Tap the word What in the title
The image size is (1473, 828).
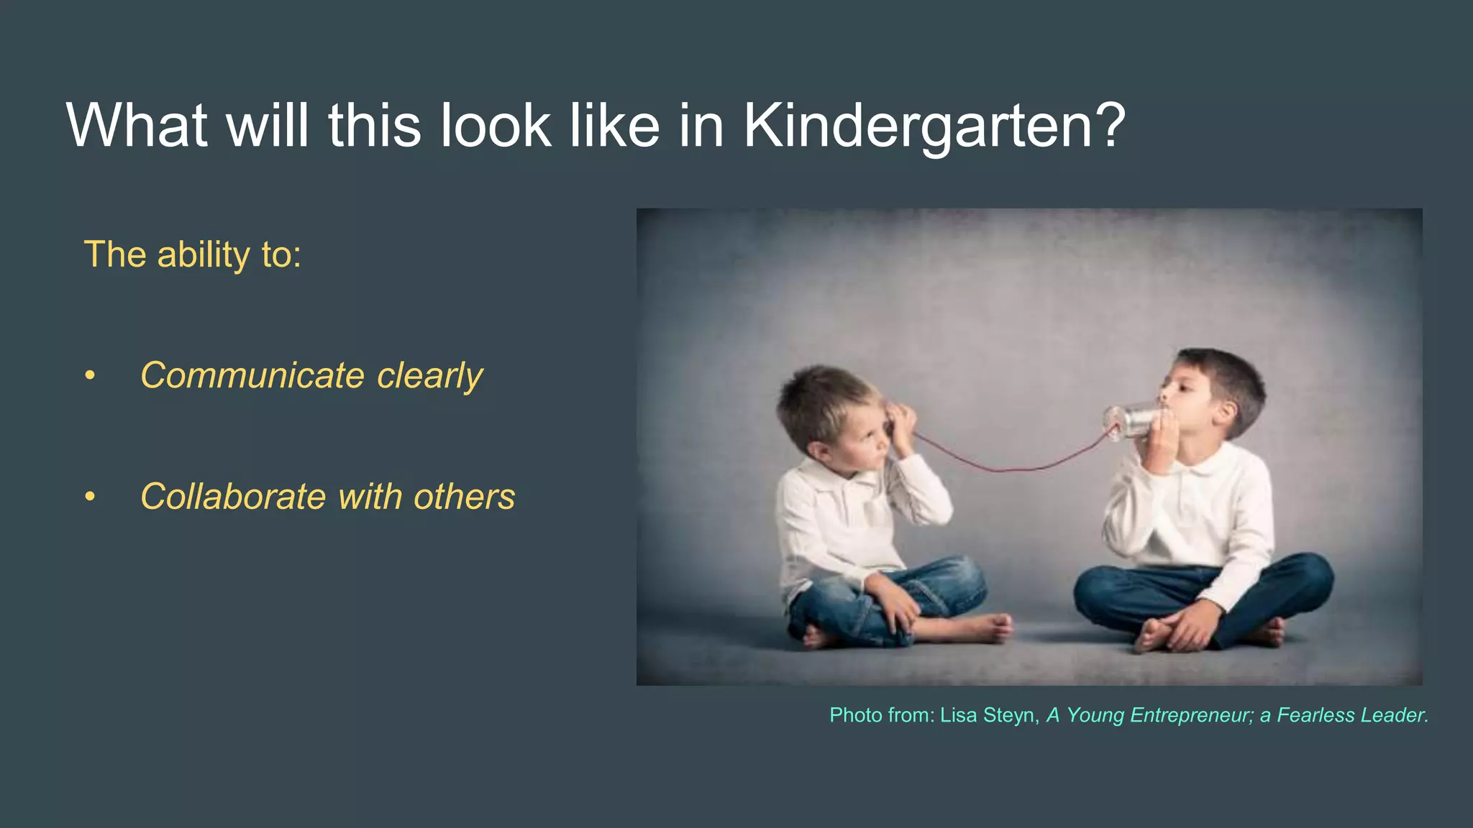[137, 125]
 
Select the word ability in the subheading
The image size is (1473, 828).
[203, 256]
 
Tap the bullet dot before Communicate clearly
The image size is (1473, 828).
[90, 376]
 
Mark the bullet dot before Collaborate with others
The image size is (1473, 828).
[90, 497]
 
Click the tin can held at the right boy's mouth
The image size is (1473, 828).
[1129, 421]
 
